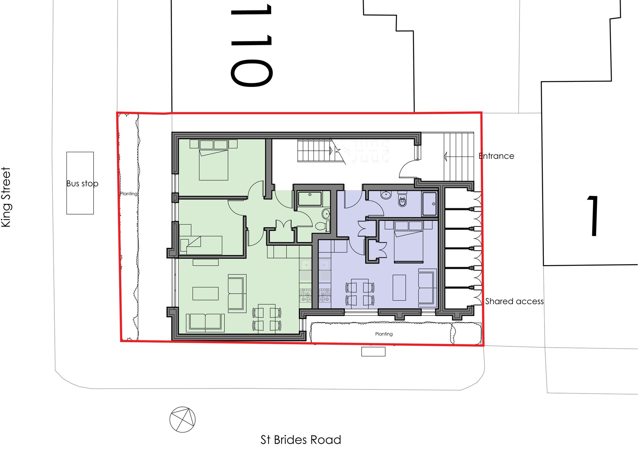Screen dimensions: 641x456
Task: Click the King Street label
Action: point(6,197)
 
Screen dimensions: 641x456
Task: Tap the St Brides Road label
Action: point(301,440)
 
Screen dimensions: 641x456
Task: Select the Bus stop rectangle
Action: point(80,183)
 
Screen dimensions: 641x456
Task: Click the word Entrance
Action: point(496,156)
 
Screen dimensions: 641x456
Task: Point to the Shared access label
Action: point(514,301)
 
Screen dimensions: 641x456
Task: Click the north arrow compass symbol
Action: point(182,420)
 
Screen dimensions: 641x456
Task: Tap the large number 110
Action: point(251,45)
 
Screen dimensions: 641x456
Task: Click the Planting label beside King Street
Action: point(129,194)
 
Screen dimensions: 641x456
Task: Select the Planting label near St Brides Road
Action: point(384,334)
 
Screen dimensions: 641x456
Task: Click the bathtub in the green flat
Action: point(310,199)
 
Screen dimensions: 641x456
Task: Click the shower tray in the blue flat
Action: point(429,204)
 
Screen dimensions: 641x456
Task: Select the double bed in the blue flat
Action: point(409,241)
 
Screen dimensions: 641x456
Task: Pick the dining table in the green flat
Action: point(267,319)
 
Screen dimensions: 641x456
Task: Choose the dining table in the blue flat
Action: point(360,293)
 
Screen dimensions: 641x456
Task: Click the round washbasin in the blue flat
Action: point(386,195)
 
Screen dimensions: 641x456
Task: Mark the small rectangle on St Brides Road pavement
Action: point(373,351)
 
